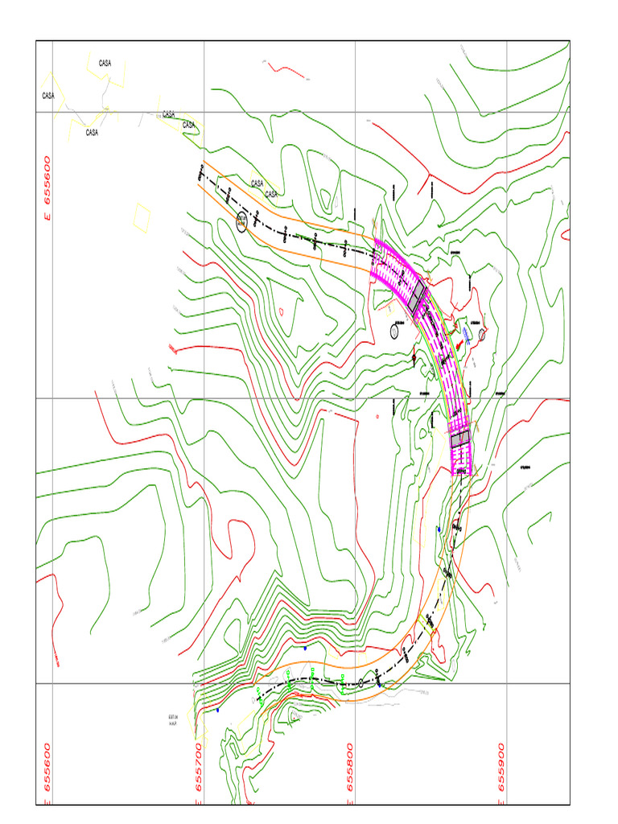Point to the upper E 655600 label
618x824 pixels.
pos(47,190)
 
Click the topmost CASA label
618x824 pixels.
pos(105,63)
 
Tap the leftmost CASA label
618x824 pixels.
pos(48,96)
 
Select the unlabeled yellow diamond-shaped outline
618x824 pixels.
pos(141,216)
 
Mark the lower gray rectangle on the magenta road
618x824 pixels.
pos(459,439)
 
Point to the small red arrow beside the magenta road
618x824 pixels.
pos(459,344)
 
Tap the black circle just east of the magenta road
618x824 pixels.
pos(482,334)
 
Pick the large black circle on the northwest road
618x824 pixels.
pos(242,222)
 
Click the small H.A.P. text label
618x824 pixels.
pos(172,722)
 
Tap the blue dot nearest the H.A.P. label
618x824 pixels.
pos(217,710)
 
